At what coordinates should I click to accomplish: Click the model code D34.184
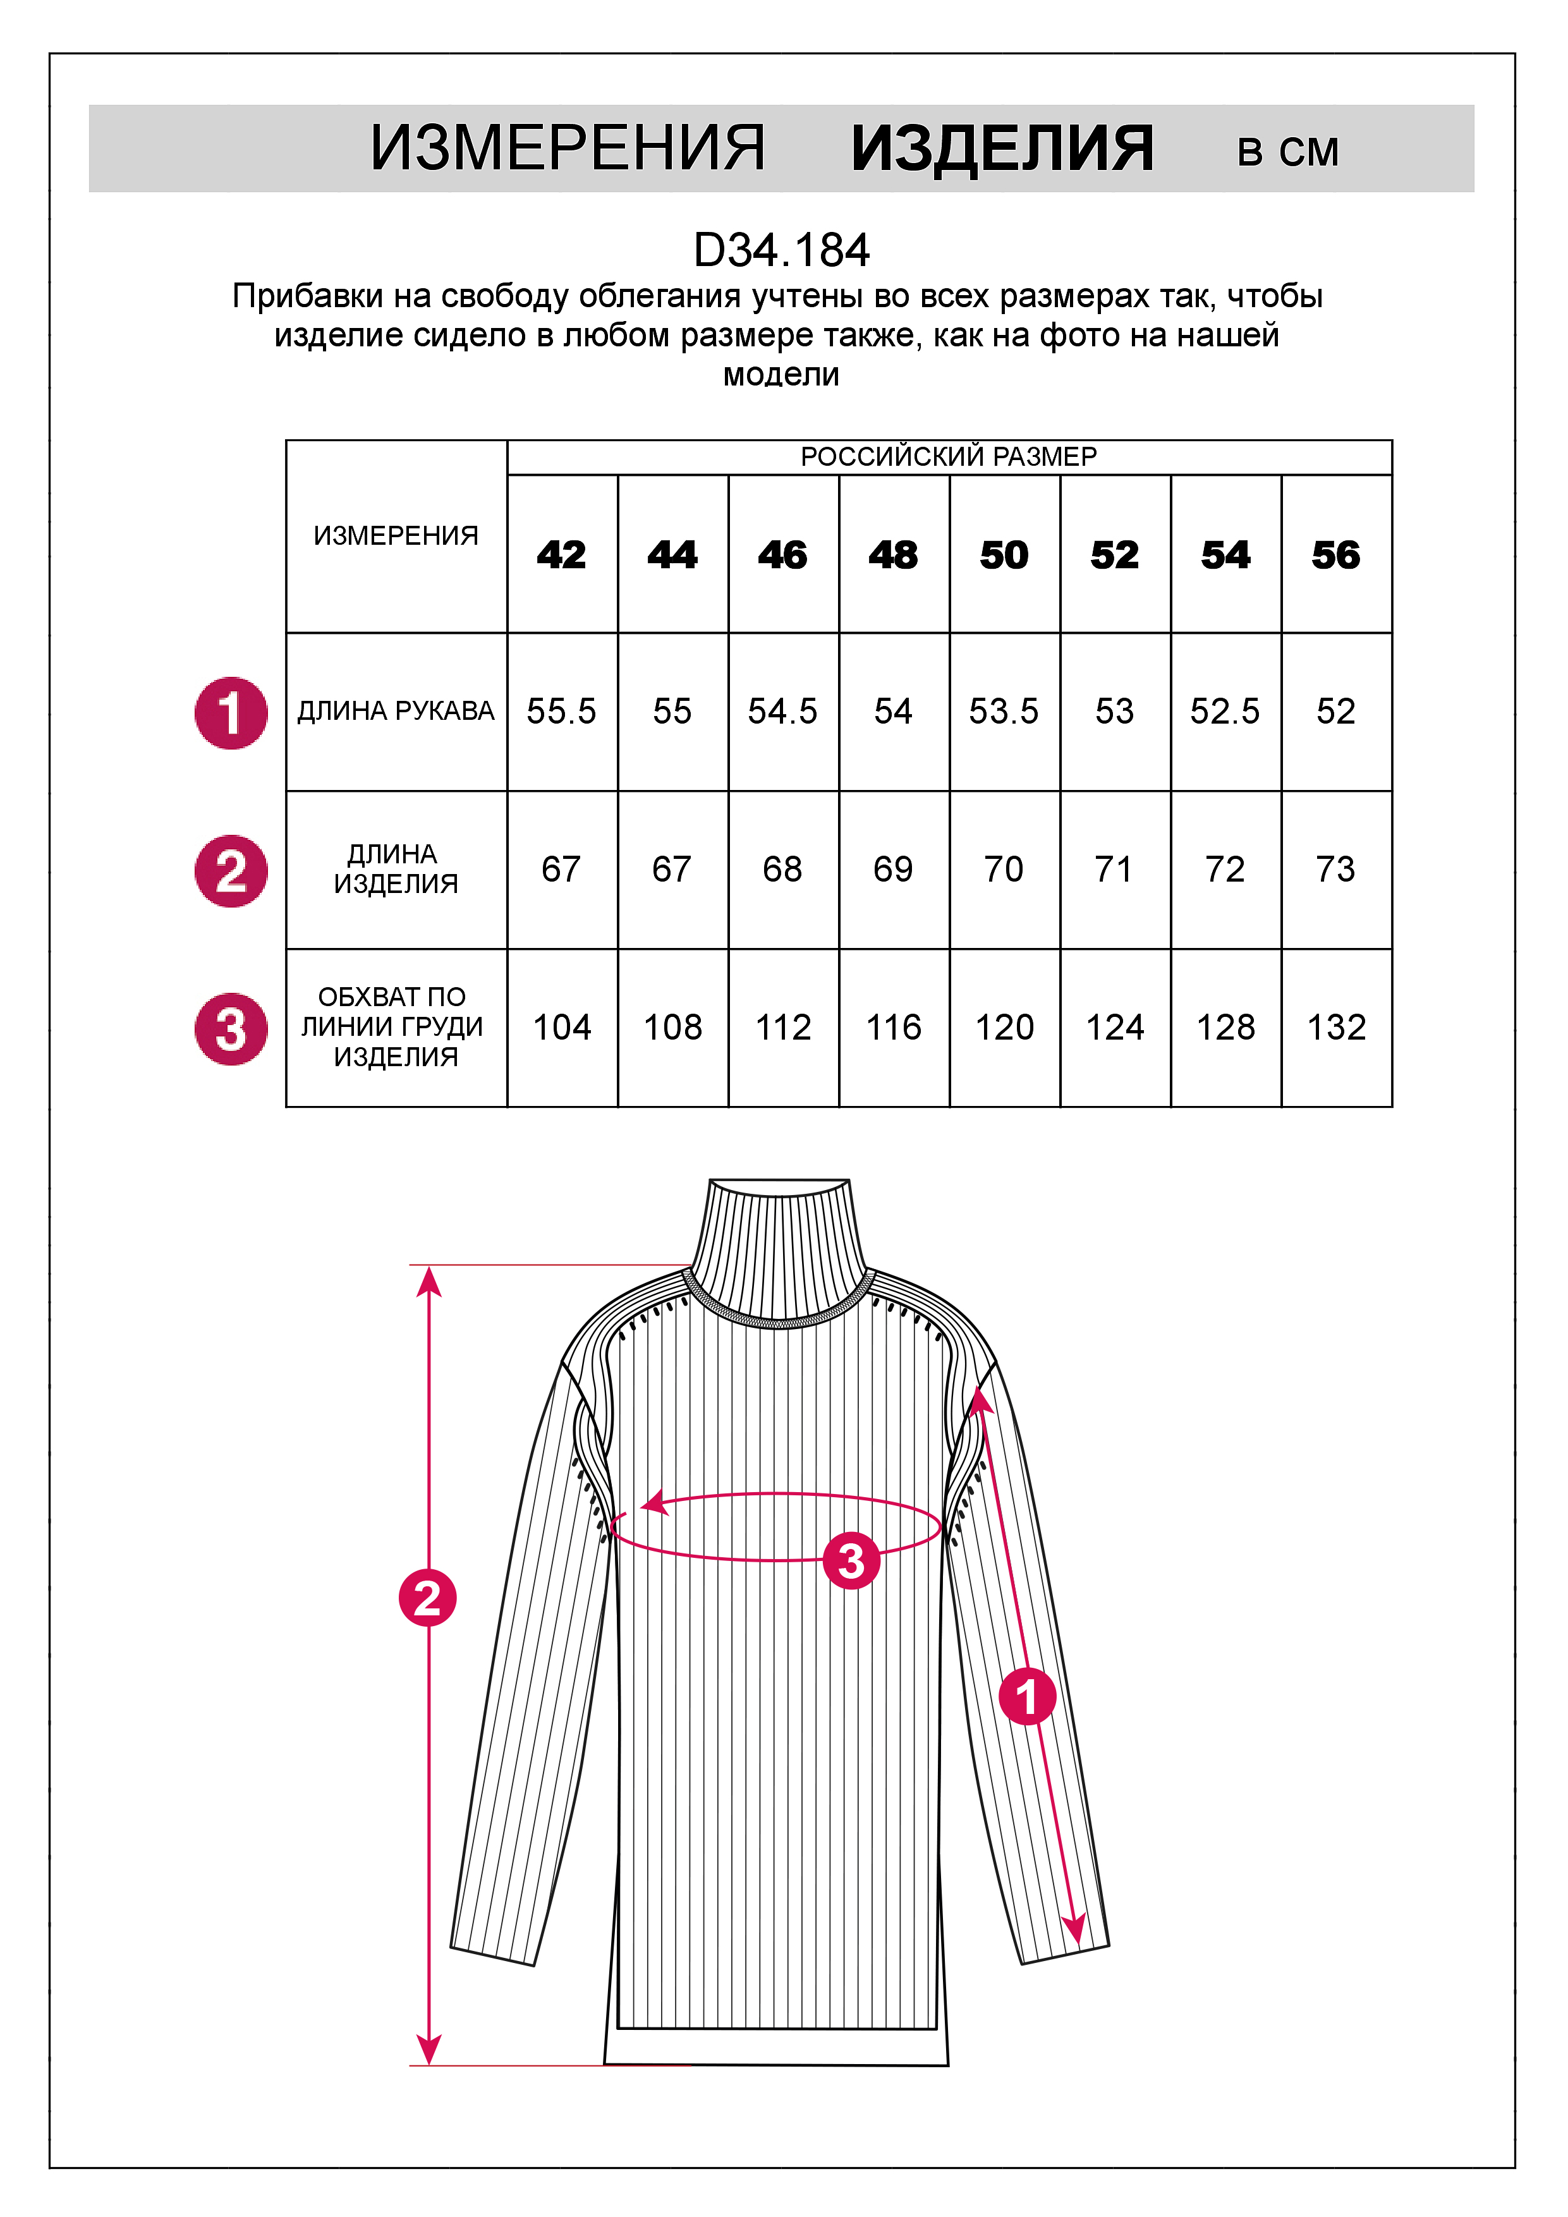tap(781, 250)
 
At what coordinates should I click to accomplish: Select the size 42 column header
tap(562, 556)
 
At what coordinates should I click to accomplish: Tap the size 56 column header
tap(1335, 556)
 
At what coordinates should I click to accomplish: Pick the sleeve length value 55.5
tap(562, 712)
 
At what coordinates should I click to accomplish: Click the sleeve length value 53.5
tap(1004, 712)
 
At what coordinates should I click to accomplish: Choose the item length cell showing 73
tap(1335, 869)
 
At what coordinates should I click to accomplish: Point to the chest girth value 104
tap(562, 1028)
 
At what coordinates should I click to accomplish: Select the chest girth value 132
tap(1335, 1028)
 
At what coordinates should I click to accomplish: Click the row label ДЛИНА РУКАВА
tap(396, 712)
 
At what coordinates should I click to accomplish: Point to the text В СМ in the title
tap(1288, 152)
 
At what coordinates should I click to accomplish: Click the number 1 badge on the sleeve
tap(1026, 1696)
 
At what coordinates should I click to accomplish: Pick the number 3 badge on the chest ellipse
tap(851, 1560)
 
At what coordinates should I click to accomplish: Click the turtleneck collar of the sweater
tap(780, 1246)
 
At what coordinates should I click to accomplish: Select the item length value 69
tap(893, 869)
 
